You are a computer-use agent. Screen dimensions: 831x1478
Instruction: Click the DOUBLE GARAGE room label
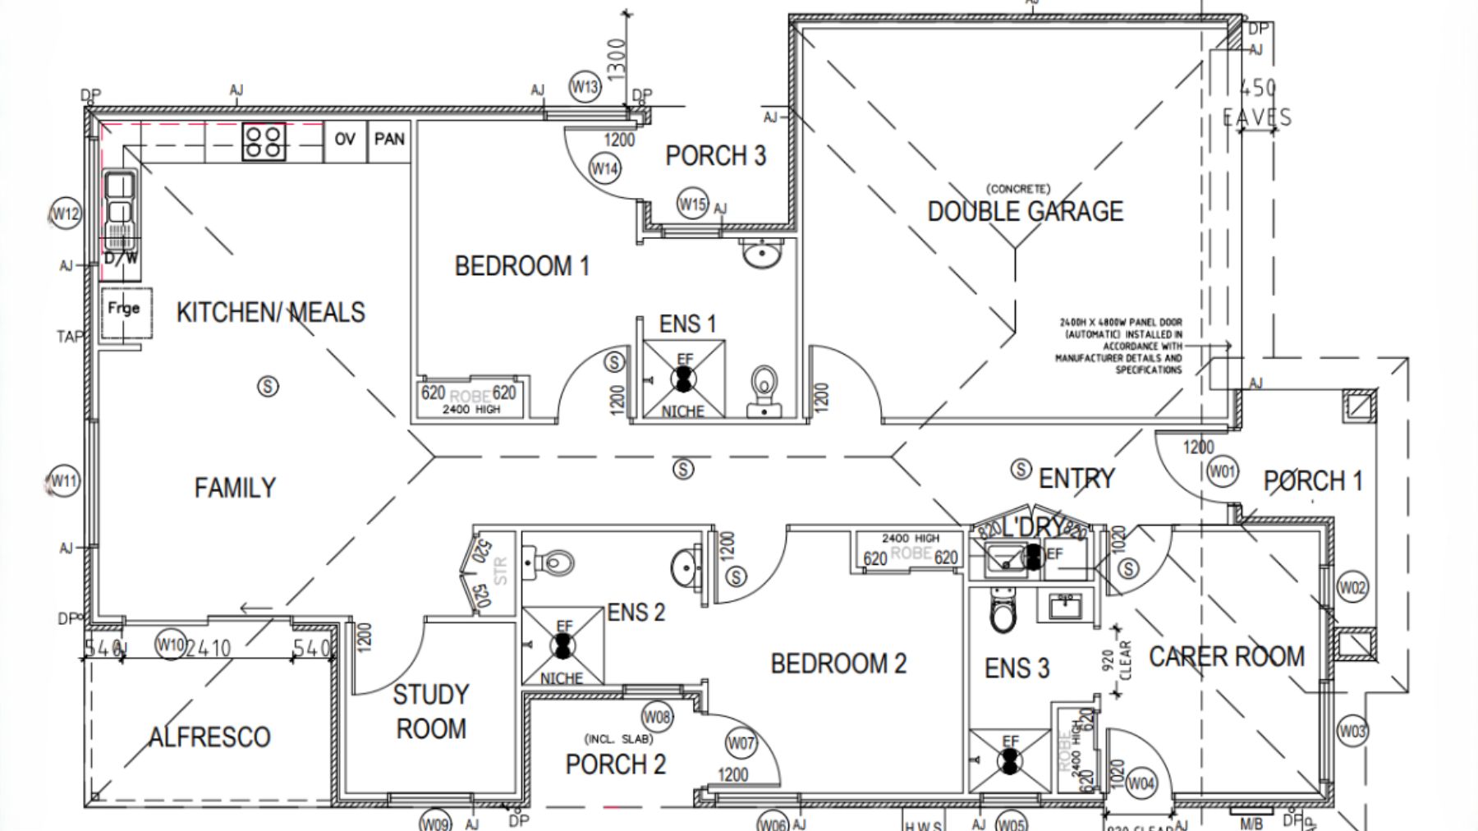pyautogui.click(x=1025, y=212)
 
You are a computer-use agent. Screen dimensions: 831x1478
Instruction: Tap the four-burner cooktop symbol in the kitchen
pyautogui.click(x=264, y=142)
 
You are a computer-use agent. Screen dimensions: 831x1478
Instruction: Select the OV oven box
pyautogui.click(x=345, y=140)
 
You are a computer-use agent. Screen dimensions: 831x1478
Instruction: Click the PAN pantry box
pyautogui.click(x=389, y=140)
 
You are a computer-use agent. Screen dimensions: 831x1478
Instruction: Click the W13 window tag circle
pyautogui.click(x=585, y=86)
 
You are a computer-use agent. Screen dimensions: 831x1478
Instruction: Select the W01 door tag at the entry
pyautogui.click(x=1222, y=471)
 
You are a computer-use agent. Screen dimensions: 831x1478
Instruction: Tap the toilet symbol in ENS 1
pyautogui.click(x=764, y=389)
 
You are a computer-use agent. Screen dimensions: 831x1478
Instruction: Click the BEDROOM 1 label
pyautogui.click(x=522, y=266)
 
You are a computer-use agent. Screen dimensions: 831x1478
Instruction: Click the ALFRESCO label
pyautogui.click(x=209, y=737)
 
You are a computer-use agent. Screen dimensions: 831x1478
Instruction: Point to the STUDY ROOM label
pyautogui.click(x=430, y=711)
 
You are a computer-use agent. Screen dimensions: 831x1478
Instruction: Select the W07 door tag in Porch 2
pyautogui.click(x=741, y=744)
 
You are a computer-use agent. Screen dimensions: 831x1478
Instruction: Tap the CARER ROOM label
pyautogui.click(x=1226, y=657)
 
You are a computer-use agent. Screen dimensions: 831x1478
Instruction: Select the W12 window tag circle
pyautogui.click(x=66, y=214)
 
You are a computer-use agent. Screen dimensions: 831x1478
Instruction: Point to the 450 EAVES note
pyautogui.click(x=1257, y=103)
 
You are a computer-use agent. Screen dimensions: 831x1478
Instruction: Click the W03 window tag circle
pyautogui.click(x=1352, y=731)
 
